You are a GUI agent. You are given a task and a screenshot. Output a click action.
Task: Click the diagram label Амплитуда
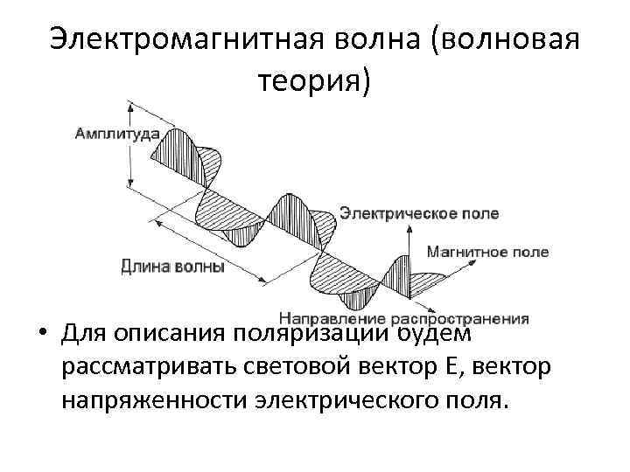(x=116, y=135)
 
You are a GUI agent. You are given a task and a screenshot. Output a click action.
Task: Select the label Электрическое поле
(x=419, y=213)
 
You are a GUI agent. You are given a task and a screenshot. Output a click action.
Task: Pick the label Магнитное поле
(x=487, y=252)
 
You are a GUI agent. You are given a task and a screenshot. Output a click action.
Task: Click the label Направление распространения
(x=404, y=318)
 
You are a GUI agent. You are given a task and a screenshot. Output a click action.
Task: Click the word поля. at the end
(x=479, y=402)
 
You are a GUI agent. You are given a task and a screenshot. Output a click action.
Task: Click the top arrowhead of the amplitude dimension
(x=130, y=106)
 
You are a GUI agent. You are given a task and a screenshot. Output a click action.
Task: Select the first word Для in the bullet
(x=83, y=335)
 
